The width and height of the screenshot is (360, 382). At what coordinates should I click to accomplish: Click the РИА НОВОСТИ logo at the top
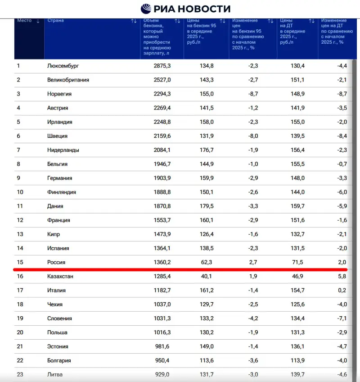[x=185, y=9]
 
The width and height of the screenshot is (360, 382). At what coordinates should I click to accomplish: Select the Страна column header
[x=55, y=21]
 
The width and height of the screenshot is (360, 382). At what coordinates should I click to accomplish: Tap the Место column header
[x=24, y=21]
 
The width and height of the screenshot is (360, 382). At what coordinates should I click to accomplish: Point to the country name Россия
[x=57, y=262]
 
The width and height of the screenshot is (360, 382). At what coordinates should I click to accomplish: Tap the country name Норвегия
[x=59, y=94]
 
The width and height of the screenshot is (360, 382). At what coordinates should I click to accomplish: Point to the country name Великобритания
[x=68, y=80]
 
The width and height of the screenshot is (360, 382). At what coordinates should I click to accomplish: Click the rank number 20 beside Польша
[x=20, y=332]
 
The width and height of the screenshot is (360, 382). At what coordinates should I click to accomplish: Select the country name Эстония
[x=58, y=346]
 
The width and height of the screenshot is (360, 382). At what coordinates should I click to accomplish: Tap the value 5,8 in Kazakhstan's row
[x=342, y=276]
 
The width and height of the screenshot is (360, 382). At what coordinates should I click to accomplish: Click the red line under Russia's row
[x=180, y=269]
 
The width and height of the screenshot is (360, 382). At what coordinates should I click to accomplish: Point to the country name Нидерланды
[x=63, y=150]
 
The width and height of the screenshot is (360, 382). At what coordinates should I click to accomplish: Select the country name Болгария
[x=59, y=360]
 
